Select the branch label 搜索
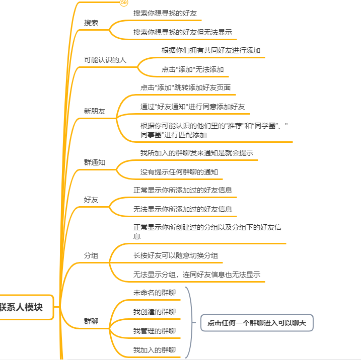click(x=91, y=23)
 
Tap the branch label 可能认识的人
click(x=105, y=60)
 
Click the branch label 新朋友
click(x=95, y=111)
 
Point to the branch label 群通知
click(x=95, y=162)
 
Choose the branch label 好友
click(x=91, y=200)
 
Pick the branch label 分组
click(x=91, y=255)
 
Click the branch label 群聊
click(x=91, y=321)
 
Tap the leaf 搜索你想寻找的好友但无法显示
click(x=183, y=32)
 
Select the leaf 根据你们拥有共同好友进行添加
click(x=210, y=50)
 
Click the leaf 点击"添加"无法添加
click(x=192, y=69)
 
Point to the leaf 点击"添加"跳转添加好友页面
click(x=185, y=87)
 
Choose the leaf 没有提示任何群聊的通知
click(x=179, y=172)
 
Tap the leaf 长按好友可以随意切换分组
click(x=175, y=255)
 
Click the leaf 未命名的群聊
click(x=155, y=293)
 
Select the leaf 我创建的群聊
click(x=155, y=312)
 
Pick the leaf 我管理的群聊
click(x=155, y=330)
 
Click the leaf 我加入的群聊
click(x=155, y=349)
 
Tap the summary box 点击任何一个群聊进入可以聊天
click(x=257, y=323)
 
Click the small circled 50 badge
click(x=124, y=3)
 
